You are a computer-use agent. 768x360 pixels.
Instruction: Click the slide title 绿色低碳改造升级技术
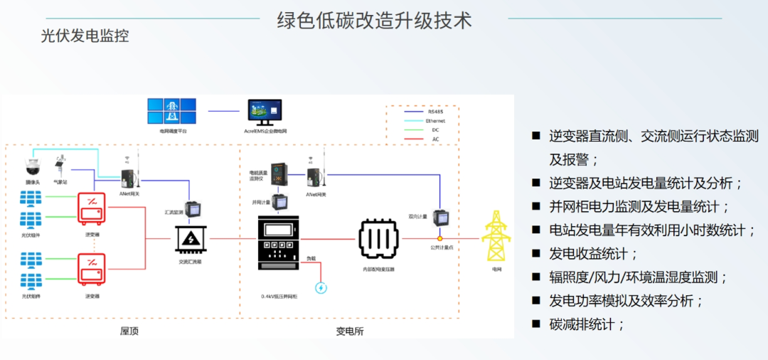coord(374,20)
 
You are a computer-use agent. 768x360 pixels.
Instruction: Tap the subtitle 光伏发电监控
coord(85,36)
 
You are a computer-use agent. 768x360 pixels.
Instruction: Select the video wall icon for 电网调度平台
coord(171,112)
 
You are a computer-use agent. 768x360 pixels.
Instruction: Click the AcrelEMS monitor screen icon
coord(265,112)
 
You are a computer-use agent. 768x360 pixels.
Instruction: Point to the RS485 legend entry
coord(434,112)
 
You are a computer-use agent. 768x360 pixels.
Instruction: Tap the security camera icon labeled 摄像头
coord(32,166)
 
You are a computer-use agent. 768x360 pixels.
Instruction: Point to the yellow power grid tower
coord(496,235)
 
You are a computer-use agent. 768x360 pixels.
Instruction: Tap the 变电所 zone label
coord(349,331)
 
